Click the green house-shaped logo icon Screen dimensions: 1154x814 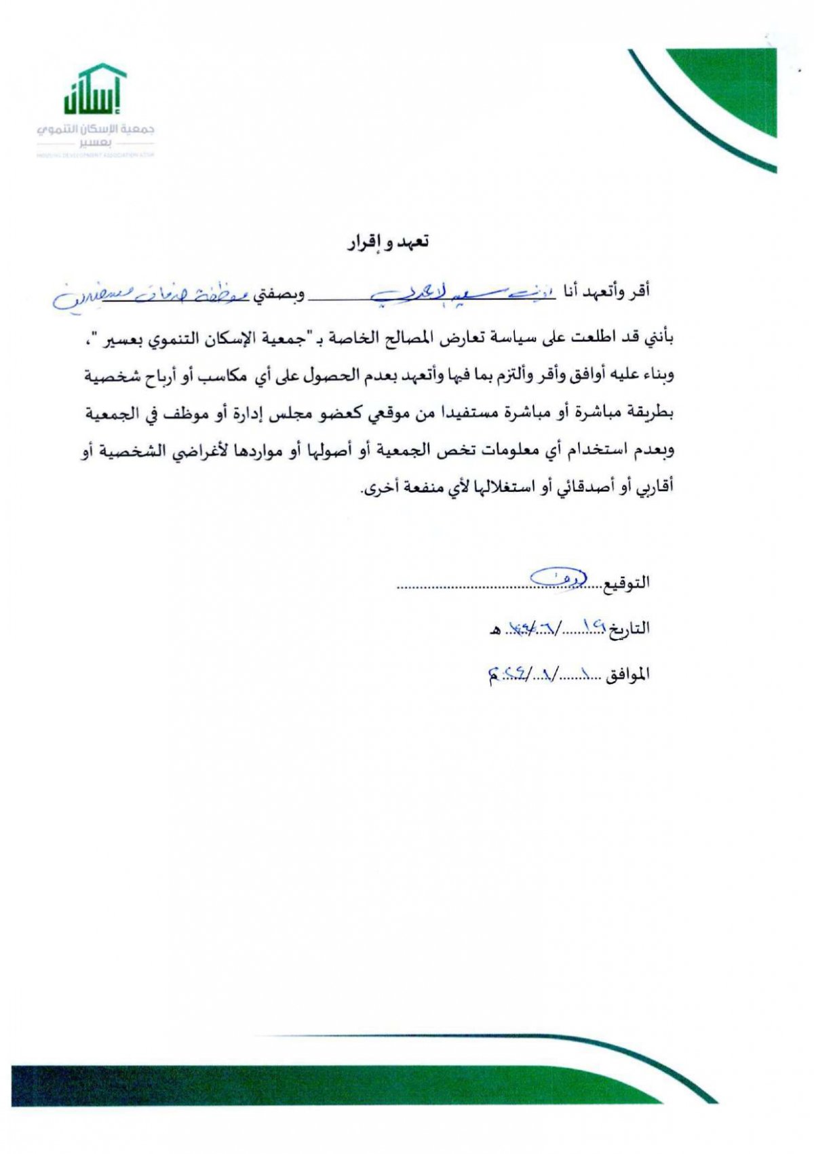[x=95, y=89]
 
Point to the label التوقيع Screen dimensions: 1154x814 [x=626, y=582]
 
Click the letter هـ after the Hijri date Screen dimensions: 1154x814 [x=495, y=630]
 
